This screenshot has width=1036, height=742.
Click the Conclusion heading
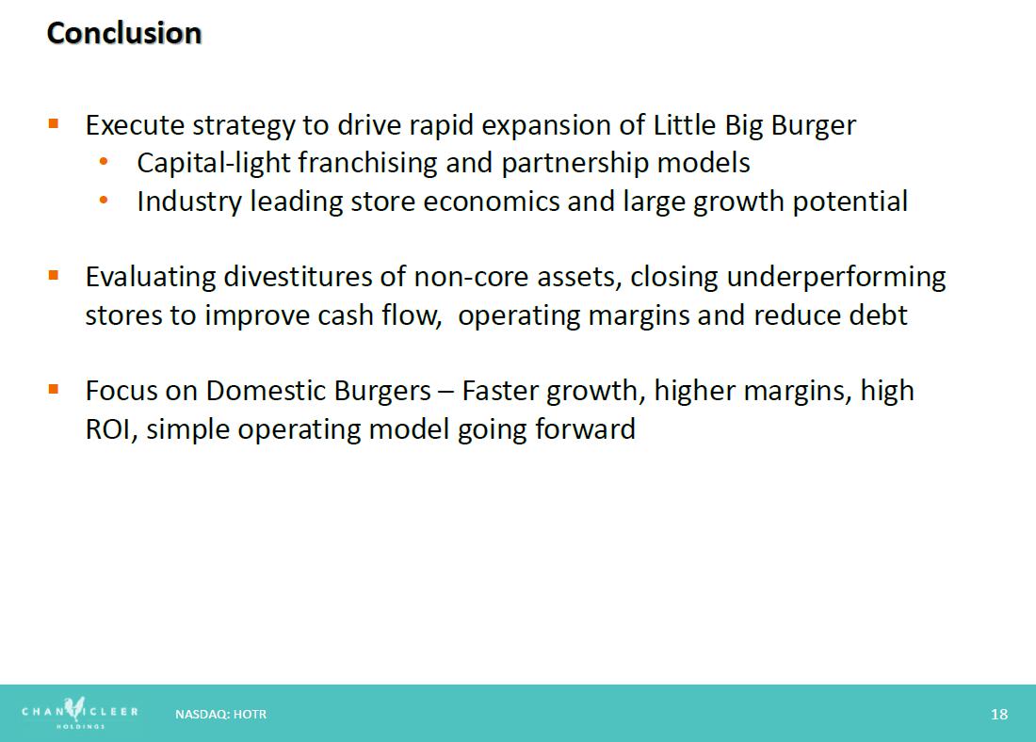(x=124, y=33)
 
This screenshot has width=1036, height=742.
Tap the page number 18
(x=999, y=715)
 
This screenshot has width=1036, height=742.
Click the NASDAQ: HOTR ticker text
(x=220, y=715)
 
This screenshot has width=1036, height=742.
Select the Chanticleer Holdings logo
(x=80, y=713)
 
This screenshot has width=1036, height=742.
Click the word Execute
(x=135, y=125)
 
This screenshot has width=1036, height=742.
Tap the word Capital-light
(x=214, y=164)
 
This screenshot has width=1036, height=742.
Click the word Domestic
(x=267, y=391)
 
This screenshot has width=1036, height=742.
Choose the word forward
(x=585, y=428)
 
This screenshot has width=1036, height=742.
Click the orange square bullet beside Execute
(x=54, y=123)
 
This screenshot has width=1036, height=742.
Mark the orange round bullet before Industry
(x=103, y=199)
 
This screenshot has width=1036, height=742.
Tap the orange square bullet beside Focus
(x=54, y=389)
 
